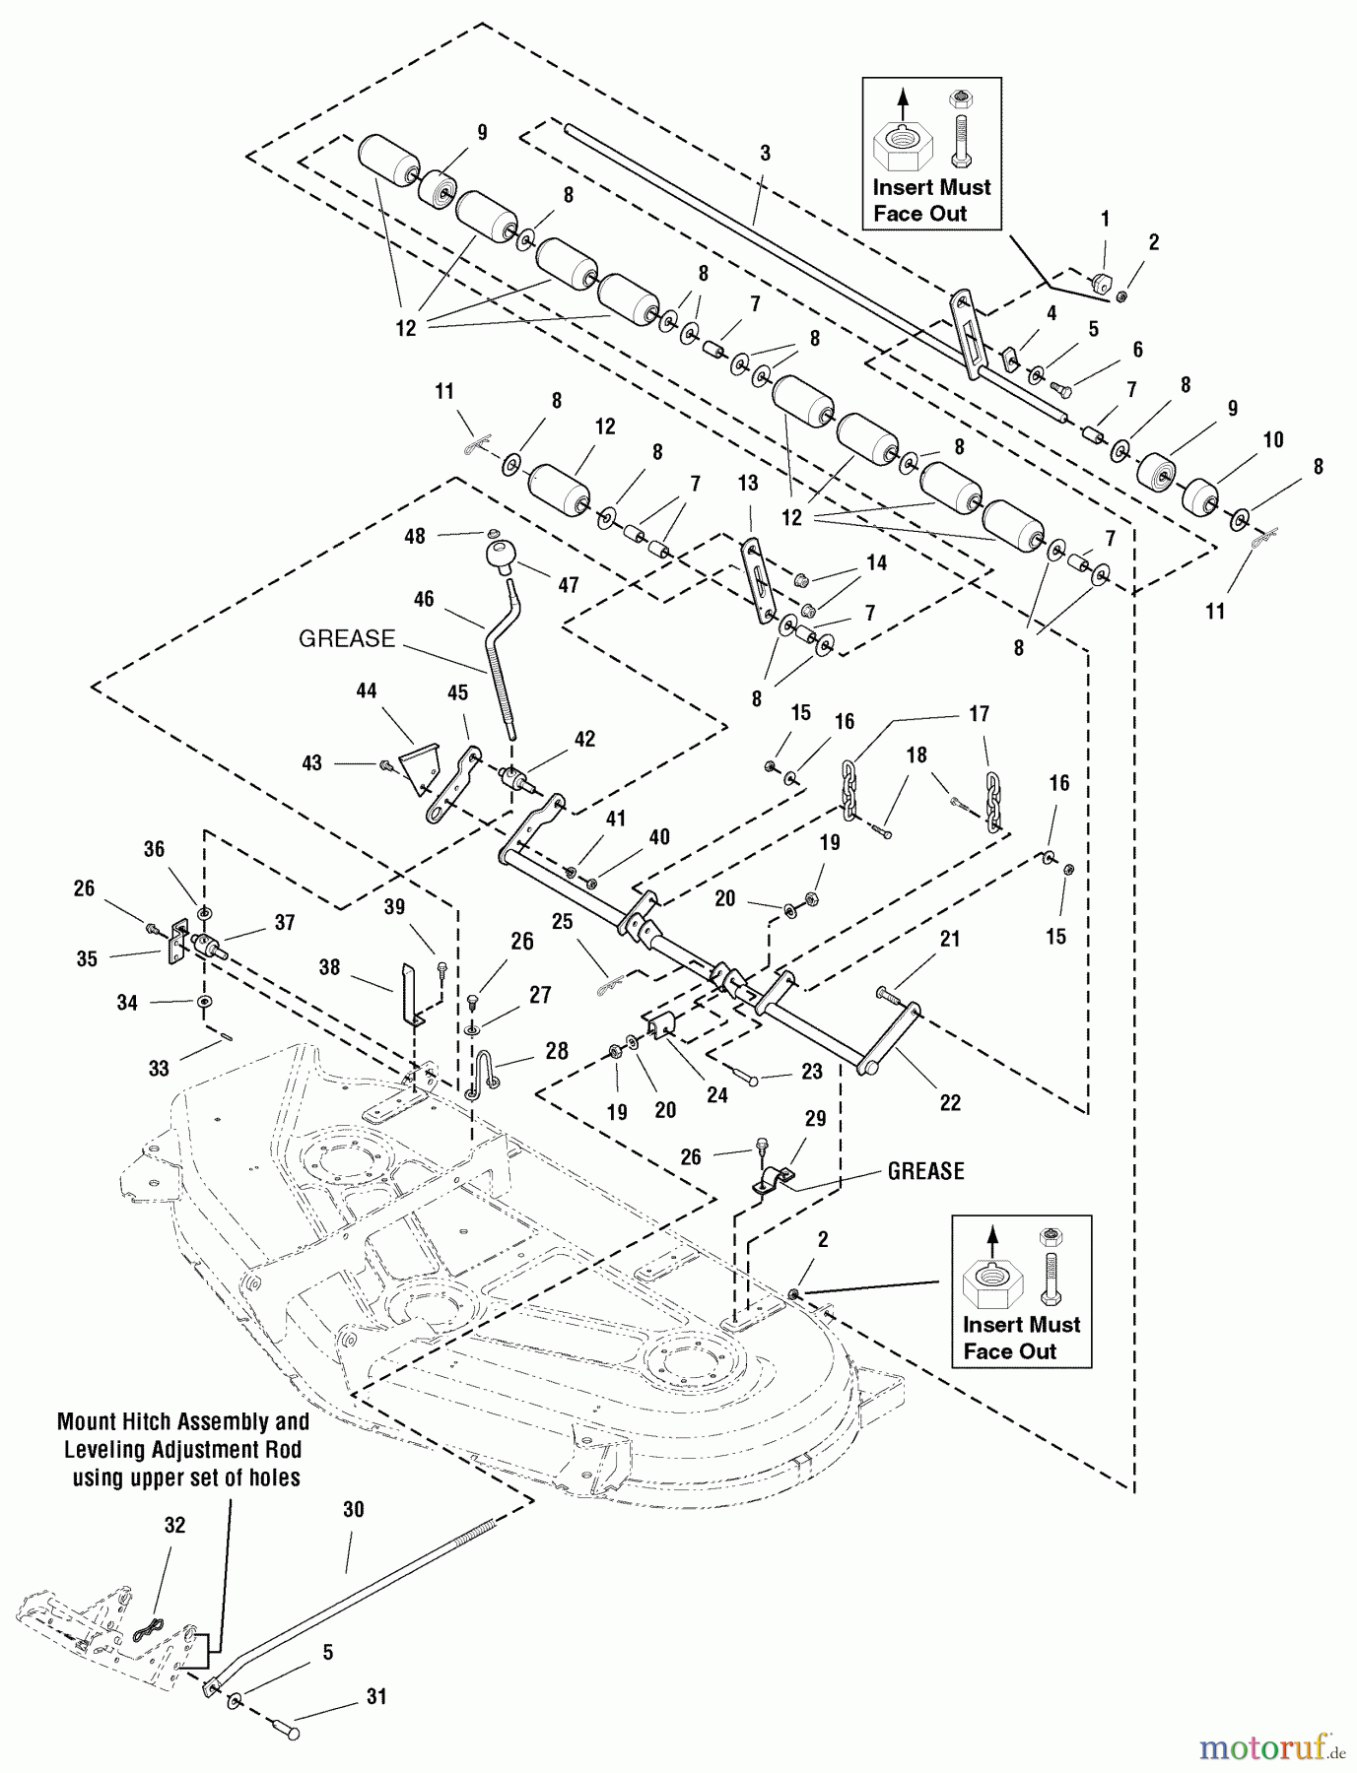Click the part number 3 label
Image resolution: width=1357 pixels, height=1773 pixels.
(x=765, y=154)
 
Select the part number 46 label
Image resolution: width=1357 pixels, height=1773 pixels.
(x=424, y=599)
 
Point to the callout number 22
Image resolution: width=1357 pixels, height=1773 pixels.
(x=949, y=1103)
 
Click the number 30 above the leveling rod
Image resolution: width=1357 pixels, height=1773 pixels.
(x=353, y=1510)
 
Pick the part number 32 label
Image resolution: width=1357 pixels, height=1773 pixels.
(x=174, y=1525)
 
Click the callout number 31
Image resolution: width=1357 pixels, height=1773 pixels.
(x=375, y=1697)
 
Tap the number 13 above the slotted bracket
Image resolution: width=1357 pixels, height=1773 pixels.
(x=748, y=483)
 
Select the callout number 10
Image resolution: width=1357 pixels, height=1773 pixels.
(x=1273, y=439)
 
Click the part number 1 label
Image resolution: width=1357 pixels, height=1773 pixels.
(x=1105, y=219)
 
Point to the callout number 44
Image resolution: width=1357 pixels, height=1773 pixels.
(x=366, y=691)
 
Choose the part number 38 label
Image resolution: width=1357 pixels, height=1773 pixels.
(x=329, y=967)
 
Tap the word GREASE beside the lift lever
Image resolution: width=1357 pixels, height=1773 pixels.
(x=347, y=638)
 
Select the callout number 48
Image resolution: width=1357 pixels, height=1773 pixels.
(x=414, y=536)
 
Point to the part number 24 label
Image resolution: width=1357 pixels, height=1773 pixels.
(x=716, y=1095)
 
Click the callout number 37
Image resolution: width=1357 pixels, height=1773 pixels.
(x=285, y=922)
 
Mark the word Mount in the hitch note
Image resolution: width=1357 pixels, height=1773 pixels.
(x=87, y=1422)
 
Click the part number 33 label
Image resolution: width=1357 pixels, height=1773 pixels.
(x=159, y=1068)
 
